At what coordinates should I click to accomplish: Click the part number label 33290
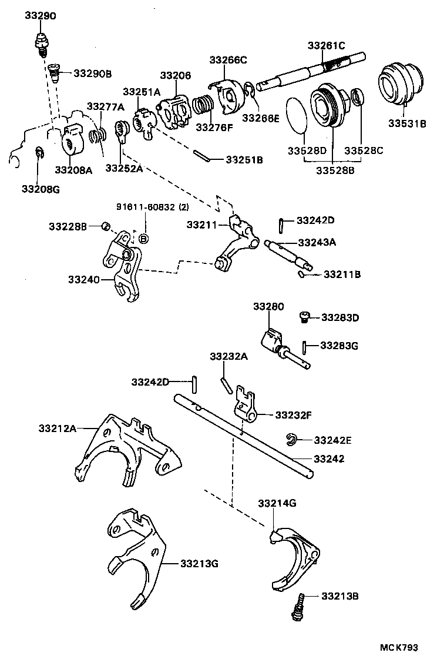40,16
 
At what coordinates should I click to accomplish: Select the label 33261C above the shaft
327,45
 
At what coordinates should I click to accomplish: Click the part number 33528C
364,151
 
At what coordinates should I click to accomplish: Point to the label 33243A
317,242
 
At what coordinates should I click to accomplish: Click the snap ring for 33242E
291,438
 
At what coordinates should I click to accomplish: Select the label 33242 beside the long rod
329,458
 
